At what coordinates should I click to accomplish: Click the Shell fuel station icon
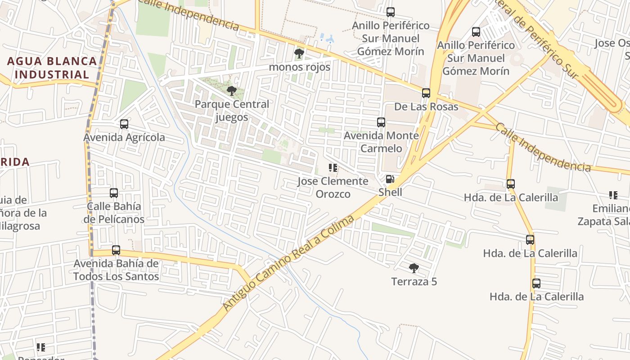[x=390, y=179]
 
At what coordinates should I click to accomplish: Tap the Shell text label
[x=390, y=192]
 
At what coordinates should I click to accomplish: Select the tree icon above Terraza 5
[x=414, y=268]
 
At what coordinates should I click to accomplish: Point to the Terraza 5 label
[x=414, y=282]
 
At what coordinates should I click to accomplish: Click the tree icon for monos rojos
[x=299, y=54]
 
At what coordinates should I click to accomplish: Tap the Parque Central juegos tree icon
[x=232, y=91]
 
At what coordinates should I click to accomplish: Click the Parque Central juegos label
[x=232, y=111]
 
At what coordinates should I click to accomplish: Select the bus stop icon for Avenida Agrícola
[x=124, y=124]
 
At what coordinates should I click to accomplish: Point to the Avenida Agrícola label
[x=124, y=137]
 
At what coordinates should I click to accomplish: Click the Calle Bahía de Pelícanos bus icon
[x=114, y=193]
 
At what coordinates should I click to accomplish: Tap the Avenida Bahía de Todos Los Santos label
[x=116, y=270]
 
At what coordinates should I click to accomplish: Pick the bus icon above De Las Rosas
[x=426, y=93]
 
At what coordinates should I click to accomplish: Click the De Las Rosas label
[x=426, y=107]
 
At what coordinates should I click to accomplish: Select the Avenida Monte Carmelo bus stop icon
[x=381, y=122]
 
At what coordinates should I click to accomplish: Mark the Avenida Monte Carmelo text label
[x=381, y=142]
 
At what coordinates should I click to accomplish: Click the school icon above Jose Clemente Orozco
[x=333, y=168]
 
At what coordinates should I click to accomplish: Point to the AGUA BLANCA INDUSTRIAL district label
[x=52, y=67]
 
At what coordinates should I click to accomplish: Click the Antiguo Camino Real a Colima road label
[x=288, y=263]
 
